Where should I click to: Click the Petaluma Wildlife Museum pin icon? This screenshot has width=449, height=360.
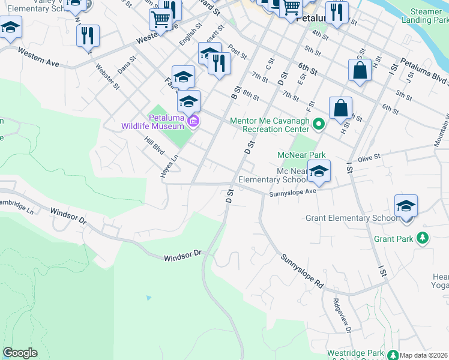(193, 122)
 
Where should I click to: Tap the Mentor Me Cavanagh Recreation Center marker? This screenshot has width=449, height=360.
(319, 125)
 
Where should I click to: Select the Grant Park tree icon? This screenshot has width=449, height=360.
(423, 239)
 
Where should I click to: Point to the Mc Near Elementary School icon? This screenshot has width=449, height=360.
(319, 170)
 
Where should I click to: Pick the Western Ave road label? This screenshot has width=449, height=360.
(38, 58)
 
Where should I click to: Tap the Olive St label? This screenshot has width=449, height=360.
(369, 157)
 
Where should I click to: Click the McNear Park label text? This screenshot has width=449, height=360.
(301, 155)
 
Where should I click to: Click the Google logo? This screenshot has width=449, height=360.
(20, 353)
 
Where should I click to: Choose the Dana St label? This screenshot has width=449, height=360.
(127, 65)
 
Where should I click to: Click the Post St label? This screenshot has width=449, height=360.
(238, 52)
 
